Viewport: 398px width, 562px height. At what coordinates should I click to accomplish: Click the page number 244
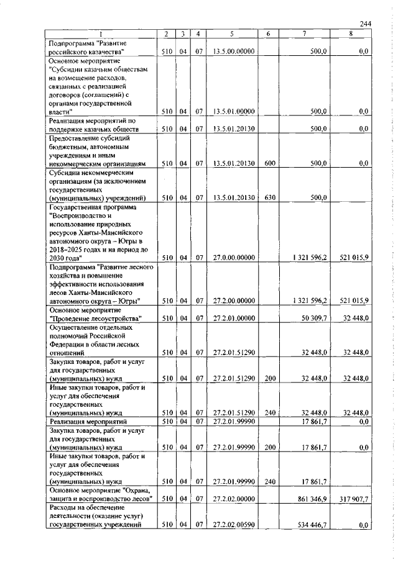click(x=366, y=24)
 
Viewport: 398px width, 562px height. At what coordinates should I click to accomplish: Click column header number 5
click(x=231, y=34)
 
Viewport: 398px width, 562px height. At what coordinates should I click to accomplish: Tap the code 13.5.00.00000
click(x=234, y=52)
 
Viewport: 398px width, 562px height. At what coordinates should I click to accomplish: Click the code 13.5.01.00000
click(x=234, y=111)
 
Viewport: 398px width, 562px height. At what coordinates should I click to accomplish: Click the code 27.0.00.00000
click(x=234, y=258)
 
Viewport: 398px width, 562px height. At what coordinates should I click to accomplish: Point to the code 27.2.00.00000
click(x=234, y=301)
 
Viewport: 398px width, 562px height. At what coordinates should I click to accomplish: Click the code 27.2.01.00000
click(x=234, y=318)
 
